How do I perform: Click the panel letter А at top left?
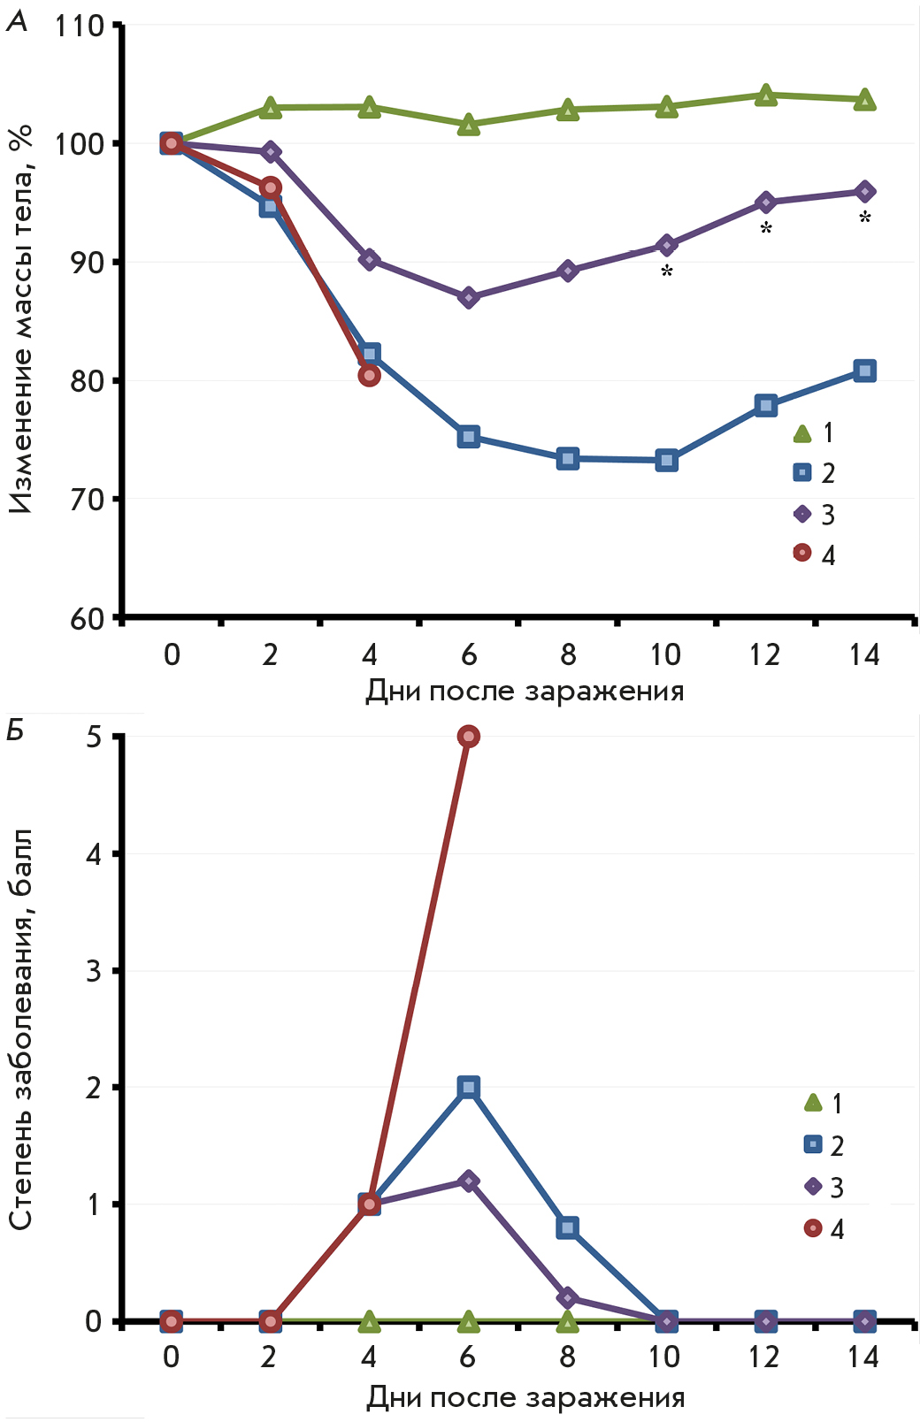tap(17, 21)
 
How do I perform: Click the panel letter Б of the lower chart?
tap(15, 730)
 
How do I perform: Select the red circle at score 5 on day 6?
tap(469, 737)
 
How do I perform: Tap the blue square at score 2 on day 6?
tap(469, 1087)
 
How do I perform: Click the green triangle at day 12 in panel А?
tap(766, 96)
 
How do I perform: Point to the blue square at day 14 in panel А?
tap(865, 371)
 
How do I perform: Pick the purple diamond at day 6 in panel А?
tap(469, 297)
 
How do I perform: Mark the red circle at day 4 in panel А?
tap(370, 376)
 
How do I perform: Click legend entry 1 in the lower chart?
tap(824, 1104)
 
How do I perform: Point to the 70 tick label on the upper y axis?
tap(87, 500)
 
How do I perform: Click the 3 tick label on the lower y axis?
tap(94, 971)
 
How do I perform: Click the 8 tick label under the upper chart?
tap(568, 654)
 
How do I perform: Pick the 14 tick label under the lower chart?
tap(863, 1357)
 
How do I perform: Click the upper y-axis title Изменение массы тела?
tap(22, 318)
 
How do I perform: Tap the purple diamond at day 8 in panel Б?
tap(568, 1298)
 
